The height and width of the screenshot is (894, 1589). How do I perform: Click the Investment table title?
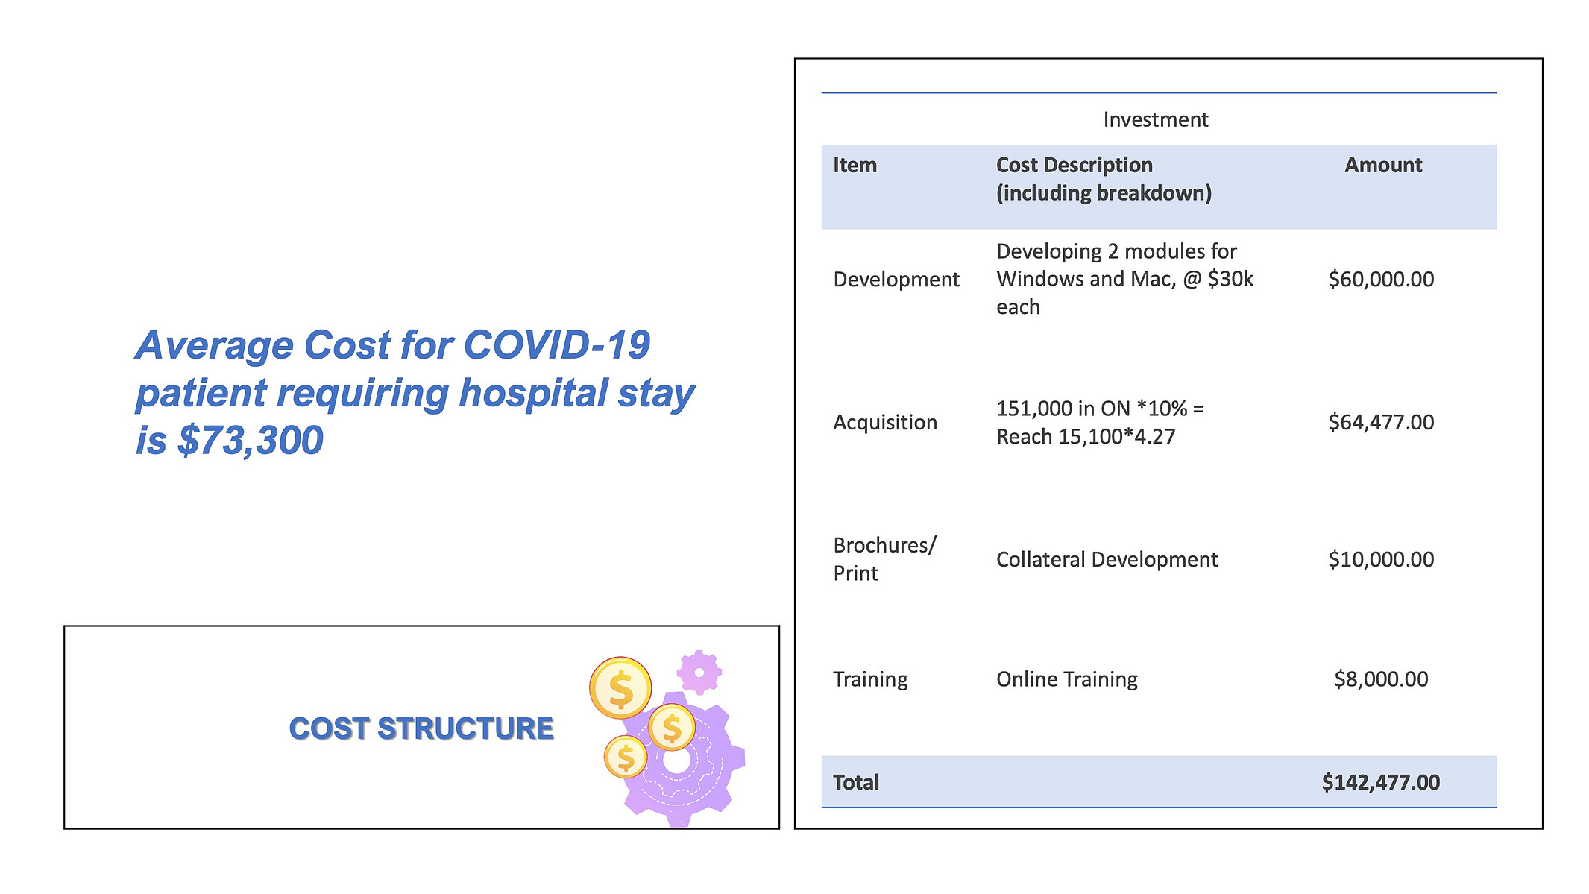pos(1155,119)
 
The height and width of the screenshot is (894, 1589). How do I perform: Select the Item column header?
pos(855,165)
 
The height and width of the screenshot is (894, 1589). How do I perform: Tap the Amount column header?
pos(1383,165)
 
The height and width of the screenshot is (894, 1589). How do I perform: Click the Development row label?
pos(896,280)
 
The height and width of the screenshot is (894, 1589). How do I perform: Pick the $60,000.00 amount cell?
pos(1381,280)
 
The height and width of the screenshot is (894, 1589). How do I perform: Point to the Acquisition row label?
pos(885,423)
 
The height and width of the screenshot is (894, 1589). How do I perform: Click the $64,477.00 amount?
pos(1381,423)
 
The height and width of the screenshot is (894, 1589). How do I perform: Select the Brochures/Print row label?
pos(884,559)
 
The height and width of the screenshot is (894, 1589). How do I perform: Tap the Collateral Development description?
pos(1107,559)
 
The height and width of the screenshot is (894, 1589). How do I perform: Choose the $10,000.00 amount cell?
pos(1381,559)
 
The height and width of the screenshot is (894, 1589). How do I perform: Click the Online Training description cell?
pos(1067,679)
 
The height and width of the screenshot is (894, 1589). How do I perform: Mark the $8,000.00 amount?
pos(1381,679)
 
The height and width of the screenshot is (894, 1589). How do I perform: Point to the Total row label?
pos(856,782)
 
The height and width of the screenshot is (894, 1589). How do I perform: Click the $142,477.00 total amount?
pos(1381,782)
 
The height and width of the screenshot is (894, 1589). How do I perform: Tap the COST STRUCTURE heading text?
pos(421,728)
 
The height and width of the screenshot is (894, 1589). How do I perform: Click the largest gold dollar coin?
pos(620,687)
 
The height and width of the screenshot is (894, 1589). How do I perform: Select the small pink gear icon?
pos(699,672)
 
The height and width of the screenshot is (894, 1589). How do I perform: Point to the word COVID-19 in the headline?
pos(556,344)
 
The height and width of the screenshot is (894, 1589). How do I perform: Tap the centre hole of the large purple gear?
pos(676,761)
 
